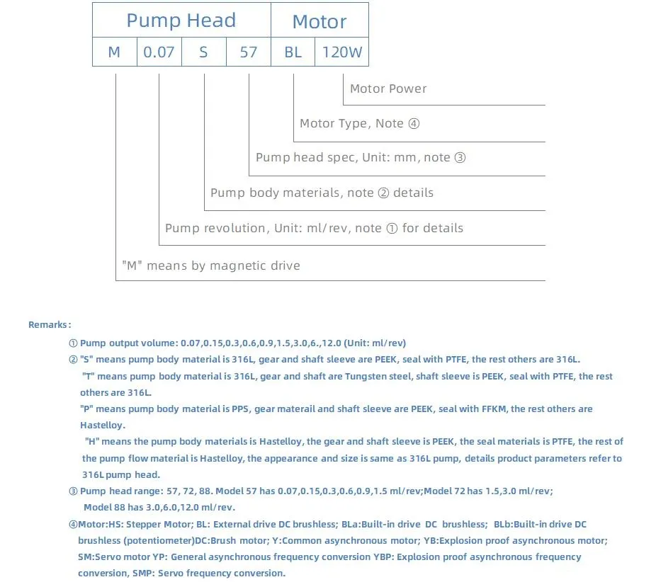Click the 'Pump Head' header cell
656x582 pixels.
pos(181,21)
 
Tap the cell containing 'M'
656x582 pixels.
pos(114,52)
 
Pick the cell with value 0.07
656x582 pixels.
pos(159,52)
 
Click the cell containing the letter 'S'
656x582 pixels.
pos(203,52)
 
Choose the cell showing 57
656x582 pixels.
pos(248,52)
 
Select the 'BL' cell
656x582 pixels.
pos(293,52)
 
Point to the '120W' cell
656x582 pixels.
pos(342,52)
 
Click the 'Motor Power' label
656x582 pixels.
pos(388,89)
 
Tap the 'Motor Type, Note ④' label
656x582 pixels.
pos(359,123)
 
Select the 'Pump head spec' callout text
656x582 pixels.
pos(361,157)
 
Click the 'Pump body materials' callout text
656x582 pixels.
pos(322,193)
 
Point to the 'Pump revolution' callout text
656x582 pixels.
pos(314,228)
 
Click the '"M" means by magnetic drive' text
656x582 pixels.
pos(211,266)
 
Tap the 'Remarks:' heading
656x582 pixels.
pos(49,324)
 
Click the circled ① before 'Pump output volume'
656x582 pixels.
pos(73,343)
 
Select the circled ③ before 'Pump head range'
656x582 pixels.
pos(73,491)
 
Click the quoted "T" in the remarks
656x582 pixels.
pos(89,376)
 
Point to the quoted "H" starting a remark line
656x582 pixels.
pos(91,441)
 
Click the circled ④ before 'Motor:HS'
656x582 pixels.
pos(73,524)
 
